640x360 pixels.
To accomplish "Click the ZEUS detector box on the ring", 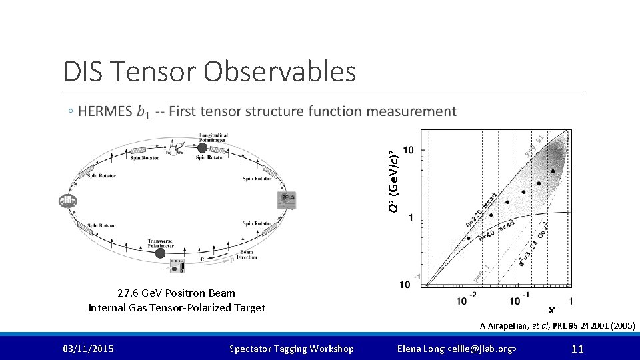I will [288, 199].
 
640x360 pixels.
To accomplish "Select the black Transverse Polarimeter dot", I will [160, 253].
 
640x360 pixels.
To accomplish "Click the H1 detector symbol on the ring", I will [68, 201].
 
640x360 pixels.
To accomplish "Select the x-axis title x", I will [551, 310].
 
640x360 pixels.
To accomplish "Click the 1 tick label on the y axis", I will [411, 217].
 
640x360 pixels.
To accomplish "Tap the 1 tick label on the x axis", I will [571, 301].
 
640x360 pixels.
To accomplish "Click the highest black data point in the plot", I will [553, 171].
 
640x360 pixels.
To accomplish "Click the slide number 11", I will [577, 349].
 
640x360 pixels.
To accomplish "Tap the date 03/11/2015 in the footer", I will [88, 349].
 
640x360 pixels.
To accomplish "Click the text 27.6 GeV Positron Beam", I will [176, 293].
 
